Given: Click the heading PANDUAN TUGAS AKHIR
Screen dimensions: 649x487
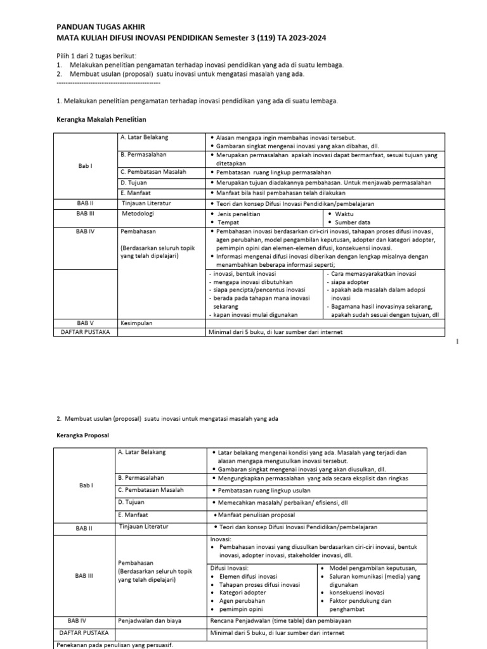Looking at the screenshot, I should pos(101,27).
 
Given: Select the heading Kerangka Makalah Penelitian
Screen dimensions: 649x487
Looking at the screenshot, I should pos(101,119).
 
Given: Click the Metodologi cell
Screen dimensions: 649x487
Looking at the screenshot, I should pos(138,214).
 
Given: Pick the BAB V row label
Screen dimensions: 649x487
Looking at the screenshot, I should pos(84,323).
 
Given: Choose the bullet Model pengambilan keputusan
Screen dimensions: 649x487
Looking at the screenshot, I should pos(372,567).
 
